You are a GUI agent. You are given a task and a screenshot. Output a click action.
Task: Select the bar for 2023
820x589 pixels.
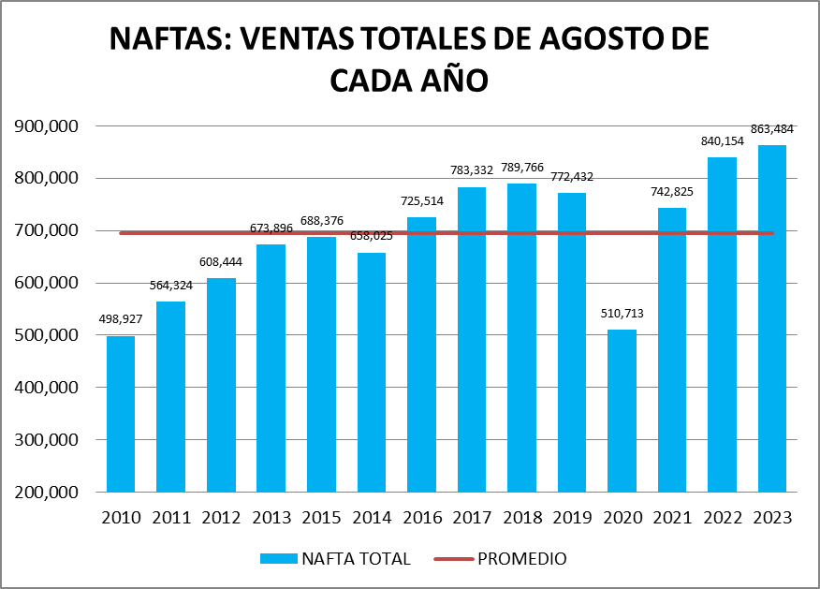point(772,318)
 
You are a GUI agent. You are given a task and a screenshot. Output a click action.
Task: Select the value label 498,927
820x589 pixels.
point(121,319)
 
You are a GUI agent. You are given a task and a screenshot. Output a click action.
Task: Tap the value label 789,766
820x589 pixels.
point(521,168)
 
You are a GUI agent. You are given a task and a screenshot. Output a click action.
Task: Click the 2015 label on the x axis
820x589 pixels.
point(321,519)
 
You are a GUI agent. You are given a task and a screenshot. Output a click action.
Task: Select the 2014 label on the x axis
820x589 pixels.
point(372,519)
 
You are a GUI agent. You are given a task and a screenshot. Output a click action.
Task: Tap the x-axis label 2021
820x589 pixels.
point(672,519)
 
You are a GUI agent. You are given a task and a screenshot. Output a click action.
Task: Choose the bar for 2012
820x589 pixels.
point(221,385)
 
